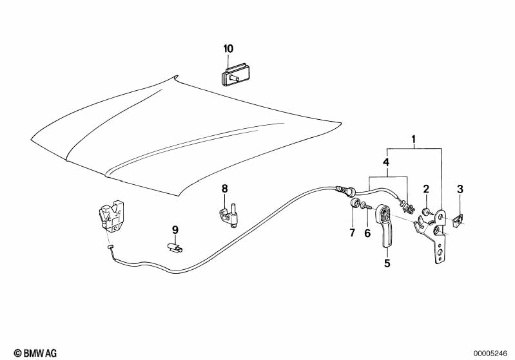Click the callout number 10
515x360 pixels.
pyautogui.click(x=228, y=49)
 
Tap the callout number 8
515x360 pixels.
pyautogui.click(x=225, y=189)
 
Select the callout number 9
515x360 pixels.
pyautogui.click(x=175, y=230)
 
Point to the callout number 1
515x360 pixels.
pyautogui.click(x=414, y=140)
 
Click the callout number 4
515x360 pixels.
pyautogui.click(x=386, y=162)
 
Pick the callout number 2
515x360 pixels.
pyautogui.click(x=426, y=189)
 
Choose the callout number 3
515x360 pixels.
pyautogui.click(x=460, y=189)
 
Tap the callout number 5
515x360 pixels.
pyautogui.click(x=387, y=263)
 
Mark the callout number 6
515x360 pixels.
pyautogui.click(x=367, y=233)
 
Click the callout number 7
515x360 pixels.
pyautogui.click(x=352, y=232)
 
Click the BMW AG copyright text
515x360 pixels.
pyautogui.click(x=35, y=353)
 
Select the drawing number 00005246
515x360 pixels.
pyautogui.click(x=491, y=354)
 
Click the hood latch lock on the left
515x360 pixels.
pyautogui.click(x=111, y=217)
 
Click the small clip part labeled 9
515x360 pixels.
pyautogui.click(x=175, y=247)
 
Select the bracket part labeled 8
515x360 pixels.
pyautogui.click(x=228, y=215)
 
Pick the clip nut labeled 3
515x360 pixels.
pyautogui.click(x=458, y=220)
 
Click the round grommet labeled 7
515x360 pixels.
pyautogui.click(x=354, y=203)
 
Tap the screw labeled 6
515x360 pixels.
pyautogui.click(x=366, y=206)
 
